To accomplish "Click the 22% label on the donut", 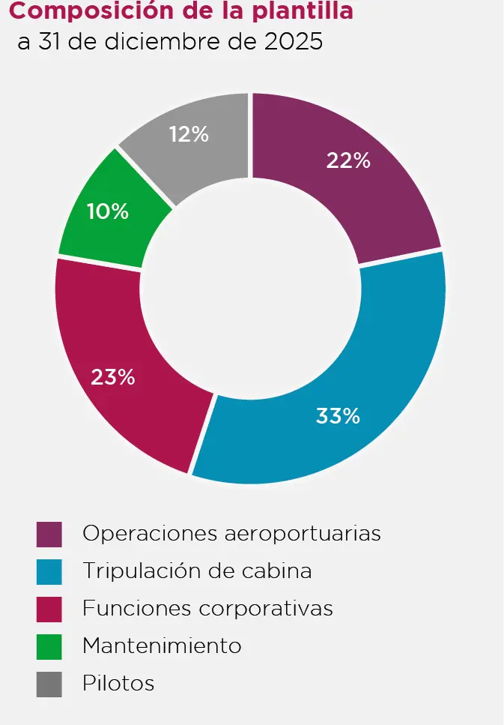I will (x=348, y=160).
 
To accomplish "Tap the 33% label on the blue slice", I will (x=338, y=416).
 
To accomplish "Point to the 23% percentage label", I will (x=112, y=377).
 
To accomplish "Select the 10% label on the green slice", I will (x=107, y=211).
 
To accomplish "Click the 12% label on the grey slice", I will (x=188, y=134).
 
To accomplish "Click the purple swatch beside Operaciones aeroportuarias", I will (x=49, y=534).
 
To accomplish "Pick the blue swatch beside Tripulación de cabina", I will (x=49, y=571).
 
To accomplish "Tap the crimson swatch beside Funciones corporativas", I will (x=49, y=608).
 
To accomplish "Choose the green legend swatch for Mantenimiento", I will (x=49, y=646).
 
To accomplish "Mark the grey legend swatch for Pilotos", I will (x=49, y=684).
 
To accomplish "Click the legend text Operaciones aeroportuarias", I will (x=231, y=534).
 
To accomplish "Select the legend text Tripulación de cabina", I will (x=197, y=571).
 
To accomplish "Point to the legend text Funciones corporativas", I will (x=207, y=608).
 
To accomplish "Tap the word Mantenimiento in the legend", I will (x=162, y=646).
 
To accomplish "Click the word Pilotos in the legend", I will (x=118, y=684).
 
